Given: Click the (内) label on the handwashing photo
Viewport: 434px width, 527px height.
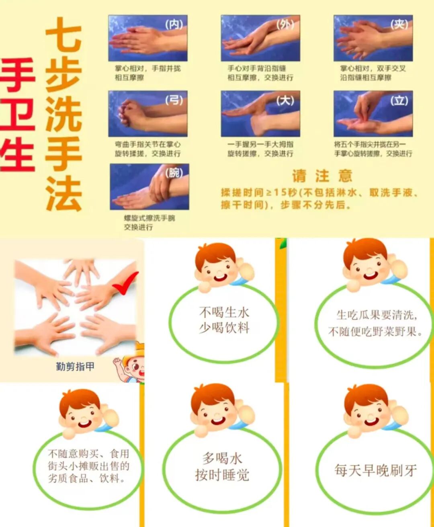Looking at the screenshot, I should [x=174, y=25].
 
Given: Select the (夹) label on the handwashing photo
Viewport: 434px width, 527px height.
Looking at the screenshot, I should [x=399, y=25].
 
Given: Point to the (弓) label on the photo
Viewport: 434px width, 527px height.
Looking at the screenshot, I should [x=174, y=100].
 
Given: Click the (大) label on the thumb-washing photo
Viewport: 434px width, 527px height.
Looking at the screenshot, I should [x=285, y=100].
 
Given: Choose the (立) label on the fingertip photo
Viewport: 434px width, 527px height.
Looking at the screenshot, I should [x=399, y=100].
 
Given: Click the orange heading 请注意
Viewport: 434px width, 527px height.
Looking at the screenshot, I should [x=322, y=176].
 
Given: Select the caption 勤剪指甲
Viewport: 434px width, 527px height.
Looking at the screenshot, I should [x=75, y=366].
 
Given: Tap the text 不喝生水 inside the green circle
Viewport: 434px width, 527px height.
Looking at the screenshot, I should [x=224, y=312].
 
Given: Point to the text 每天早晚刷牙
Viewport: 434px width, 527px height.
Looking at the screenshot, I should [x=375, y=470].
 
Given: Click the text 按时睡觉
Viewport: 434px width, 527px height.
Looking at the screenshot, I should [x=222, y=475].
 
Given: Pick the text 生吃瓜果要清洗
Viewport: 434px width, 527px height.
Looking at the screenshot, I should [x=376, y=315].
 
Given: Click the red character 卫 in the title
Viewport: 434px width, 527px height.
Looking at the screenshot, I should [x=17, y=114].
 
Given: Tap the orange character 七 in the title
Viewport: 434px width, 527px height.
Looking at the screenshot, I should [x=64, y=35].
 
